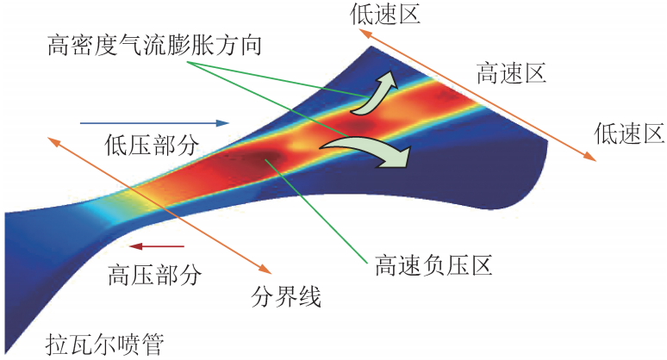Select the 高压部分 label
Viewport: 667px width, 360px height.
coord(155,275)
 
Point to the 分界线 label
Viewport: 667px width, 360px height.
coord(286,298)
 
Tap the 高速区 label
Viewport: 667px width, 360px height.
coord(512,74)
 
